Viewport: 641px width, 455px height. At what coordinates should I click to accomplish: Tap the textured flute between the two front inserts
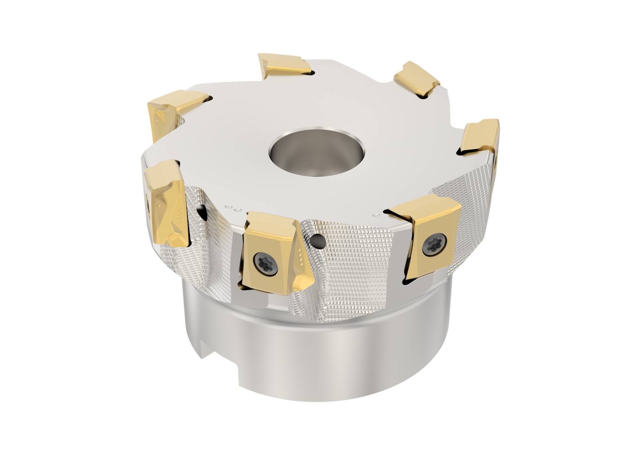coord(353,257)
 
